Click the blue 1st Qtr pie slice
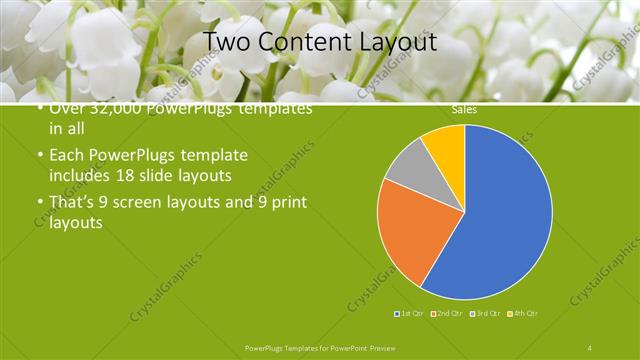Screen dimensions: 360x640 point(500,220)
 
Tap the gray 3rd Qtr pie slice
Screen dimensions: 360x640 point(409,171)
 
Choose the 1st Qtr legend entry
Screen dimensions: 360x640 point(410,314)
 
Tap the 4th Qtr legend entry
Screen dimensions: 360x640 point(524,314)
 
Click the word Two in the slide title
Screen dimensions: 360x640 point(226,42)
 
